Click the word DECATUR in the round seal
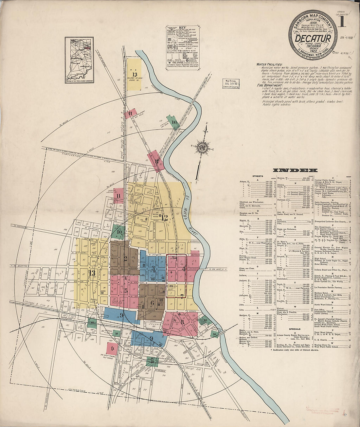pos(313,38)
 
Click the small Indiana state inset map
pos(79,60)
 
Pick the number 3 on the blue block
pos(153,268)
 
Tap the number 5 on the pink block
pos(126,290)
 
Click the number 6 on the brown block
pos(152,302)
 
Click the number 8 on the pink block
pos(182,322)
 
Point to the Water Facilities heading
pos(269,65)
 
